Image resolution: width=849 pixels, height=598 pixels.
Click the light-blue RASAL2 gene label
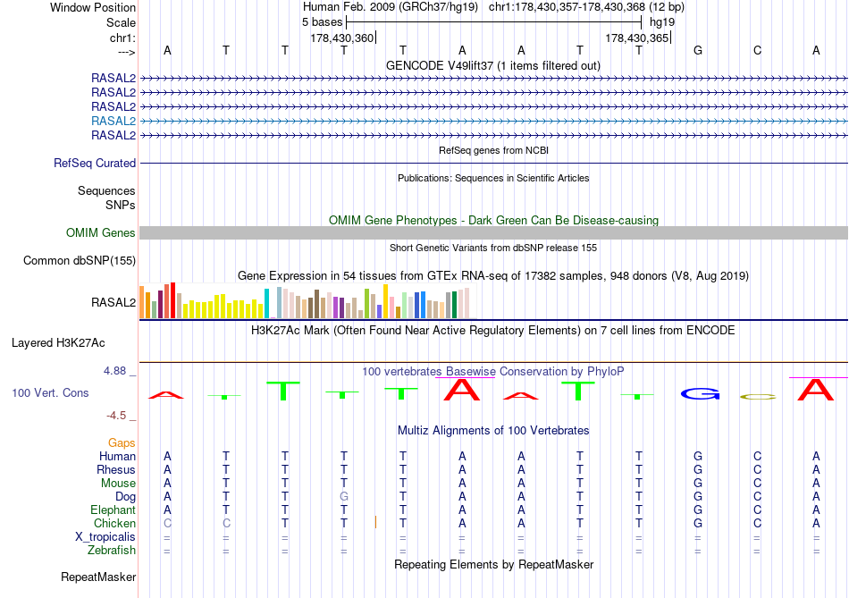tap(113, 121)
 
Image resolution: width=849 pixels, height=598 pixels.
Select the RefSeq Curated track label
tap(95, 164)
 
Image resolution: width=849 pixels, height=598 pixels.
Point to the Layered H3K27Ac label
tap(58, 342)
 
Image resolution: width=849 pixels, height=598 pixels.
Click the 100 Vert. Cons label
tap(50, 393)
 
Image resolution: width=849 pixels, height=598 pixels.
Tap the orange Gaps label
tap(122, 442)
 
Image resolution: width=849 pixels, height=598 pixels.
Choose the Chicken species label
tap(114, 523)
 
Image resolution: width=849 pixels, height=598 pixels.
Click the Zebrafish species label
tap(112, 551)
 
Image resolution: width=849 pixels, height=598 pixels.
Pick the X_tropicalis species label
tap(105, 537)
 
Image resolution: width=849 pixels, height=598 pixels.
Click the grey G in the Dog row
tap(343, 496)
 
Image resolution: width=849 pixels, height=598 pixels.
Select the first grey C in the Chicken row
tap(167, 523)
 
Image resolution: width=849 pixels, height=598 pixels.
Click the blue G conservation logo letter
tap(699, 393)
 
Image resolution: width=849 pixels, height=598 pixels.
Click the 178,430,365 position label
tap(636, 38)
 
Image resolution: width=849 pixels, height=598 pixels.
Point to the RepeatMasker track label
tap(97, 577)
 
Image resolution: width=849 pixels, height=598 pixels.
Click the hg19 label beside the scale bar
tap(662, 21)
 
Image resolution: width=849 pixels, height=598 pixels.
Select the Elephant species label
tap(113, 510)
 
